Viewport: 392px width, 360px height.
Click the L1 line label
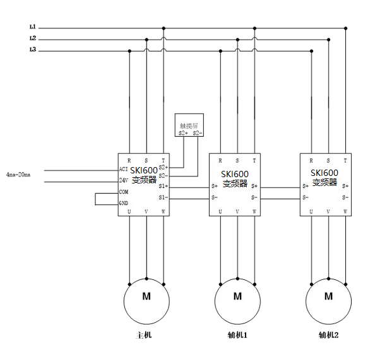coord(32,28)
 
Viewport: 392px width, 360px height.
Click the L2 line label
coord(32,38)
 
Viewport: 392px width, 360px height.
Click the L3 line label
coord(32,50)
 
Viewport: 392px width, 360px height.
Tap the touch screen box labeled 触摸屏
coord(189,125)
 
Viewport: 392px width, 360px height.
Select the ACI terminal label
coord(123,170)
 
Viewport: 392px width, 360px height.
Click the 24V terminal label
coord(124,180)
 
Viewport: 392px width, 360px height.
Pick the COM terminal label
coord(124,192)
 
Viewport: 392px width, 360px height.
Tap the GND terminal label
coord(124,203)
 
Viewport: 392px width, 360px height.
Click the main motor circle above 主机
coord(146,296)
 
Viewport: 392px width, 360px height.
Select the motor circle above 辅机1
coord(237,296)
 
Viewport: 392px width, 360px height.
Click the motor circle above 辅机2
coord(328,296)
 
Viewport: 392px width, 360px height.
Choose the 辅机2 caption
coord(329,335)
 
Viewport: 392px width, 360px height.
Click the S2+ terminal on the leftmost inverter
coord(163,168)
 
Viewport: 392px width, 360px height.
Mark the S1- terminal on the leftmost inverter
coord(163,197)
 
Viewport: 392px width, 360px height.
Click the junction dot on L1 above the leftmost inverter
coord(163,28)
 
